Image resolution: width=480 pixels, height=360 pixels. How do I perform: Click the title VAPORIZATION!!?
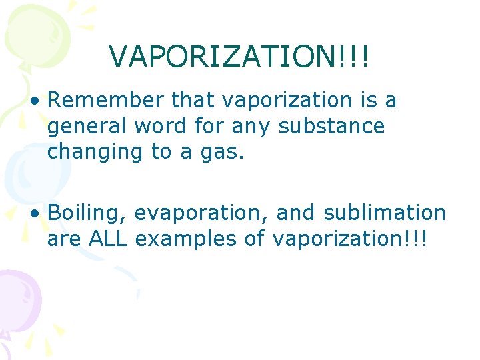pos(239,57)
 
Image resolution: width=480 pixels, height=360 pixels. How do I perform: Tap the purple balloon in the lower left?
pos(17,297)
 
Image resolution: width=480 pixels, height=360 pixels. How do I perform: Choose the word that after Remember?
pos(193,101)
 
